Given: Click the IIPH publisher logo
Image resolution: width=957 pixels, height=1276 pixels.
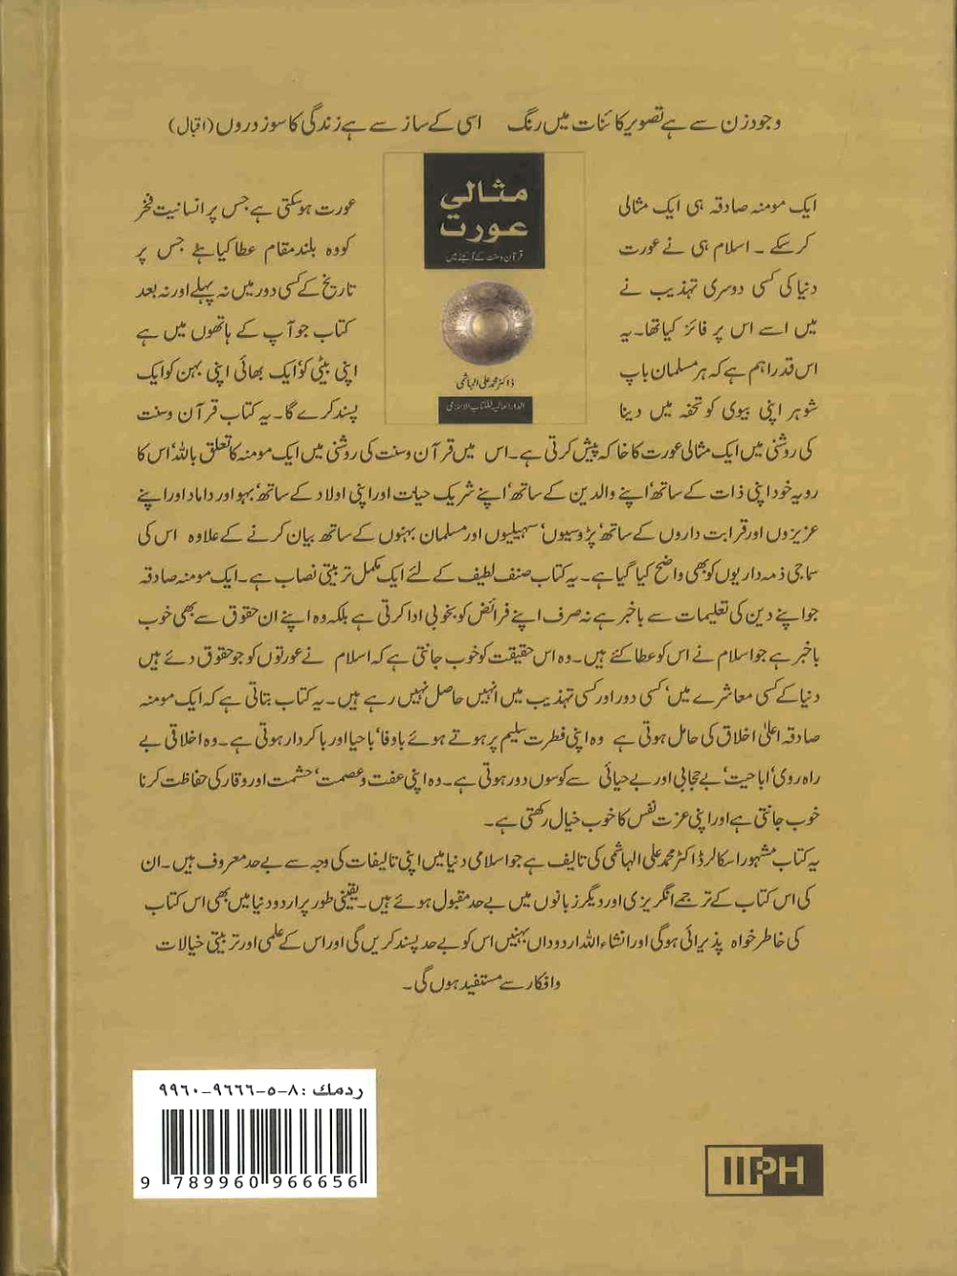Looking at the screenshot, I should point(764,1169).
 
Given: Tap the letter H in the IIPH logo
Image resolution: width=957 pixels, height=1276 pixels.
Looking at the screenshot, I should point(803,1169).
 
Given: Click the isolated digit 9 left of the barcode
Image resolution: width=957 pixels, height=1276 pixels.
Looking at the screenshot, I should point(145,1183).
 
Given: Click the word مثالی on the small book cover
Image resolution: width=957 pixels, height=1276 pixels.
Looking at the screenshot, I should point(484,195).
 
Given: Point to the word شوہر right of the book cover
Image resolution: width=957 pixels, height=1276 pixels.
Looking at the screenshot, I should point(797,410).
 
